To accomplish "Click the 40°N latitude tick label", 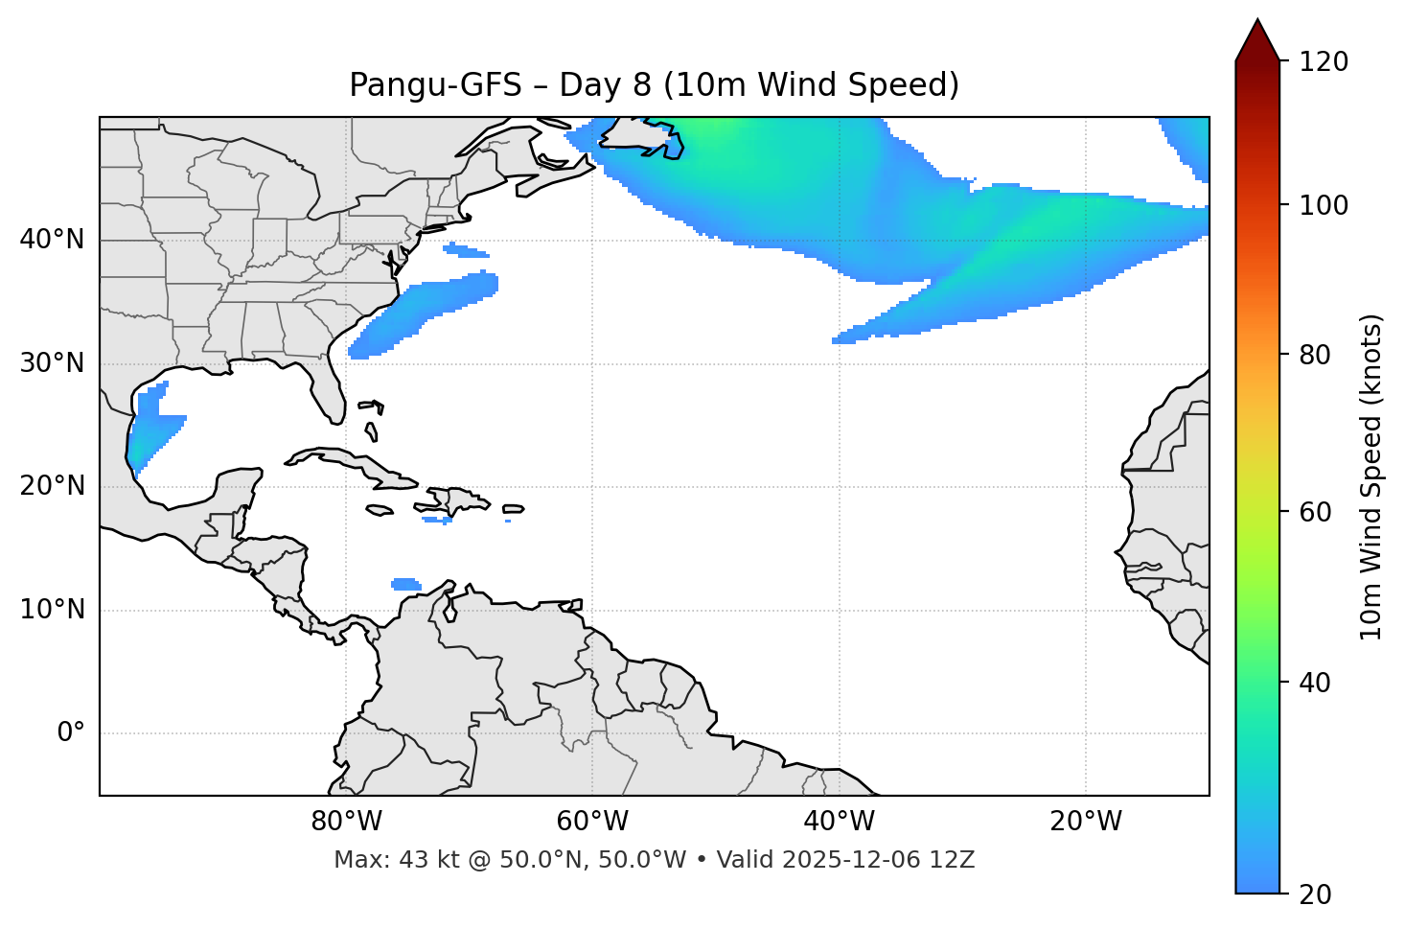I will (x=52, y=240).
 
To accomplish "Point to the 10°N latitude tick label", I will (x=52, y=610).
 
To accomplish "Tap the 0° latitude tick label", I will (x=71, y=733).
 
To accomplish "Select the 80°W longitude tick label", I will (x=346, y=822).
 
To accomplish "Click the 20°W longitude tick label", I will (x=1086, y=822).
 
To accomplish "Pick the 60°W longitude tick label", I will (x=592, y=822).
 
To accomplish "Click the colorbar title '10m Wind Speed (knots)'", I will (x=1371, y=476).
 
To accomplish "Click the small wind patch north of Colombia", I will (x=406, y=584).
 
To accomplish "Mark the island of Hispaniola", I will (x=456, y=501).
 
